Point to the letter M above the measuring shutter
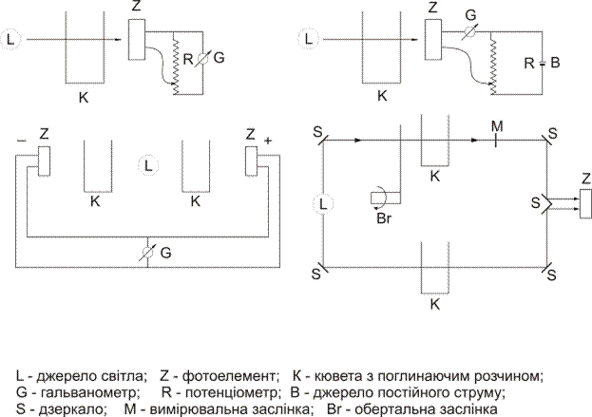pos(493,124)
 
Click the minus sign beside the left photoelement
pos(21,139)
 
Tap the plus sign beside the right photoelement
pos(268,140)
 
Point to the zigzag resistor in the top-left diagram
pos(176,62)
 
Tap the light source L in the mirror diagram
pos(326,202)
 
